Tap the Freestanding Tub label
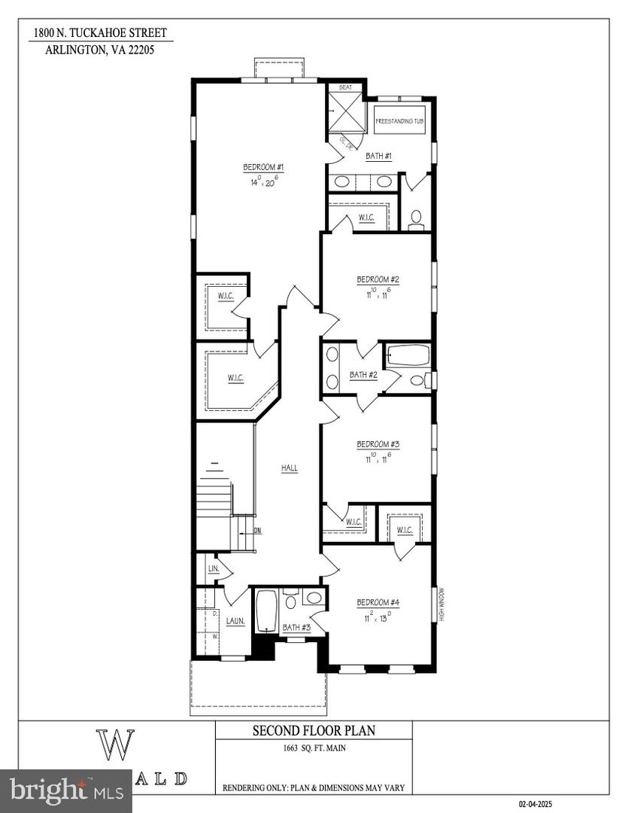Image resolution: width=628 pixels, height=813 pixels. [x=400, y=120]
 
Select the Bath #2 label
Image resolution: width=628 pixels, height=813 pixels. [x=363, y=374]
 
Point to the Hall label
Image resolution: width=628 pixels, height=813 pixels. [x=290, y=468]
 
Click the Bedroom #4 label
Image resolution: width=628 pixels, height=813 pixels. [x=378, y=602]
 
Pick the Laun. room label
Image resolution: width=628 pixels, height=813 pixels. [x=235, y=622]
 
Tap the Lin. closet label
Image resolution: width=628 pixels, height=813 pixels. [x=213, y=568]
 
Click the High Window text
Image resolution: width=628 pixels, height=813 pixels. [x=443, y=604]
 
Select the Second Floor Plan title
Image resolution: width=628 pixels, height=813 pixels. [x=314, y=730]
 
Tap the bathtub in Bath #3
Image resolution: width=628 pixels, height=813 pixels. [x=266, y=611]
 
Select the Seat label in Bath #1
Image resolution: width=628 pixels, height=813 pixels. [x=345, y=87]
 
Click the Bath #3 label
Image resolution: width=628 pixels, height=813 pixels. [x=296, y=627]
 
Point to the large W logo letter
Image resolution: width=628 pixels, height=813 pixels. [x=115, y=743]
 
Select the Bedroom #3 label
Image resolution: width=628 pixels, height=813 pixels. [x=378, y=444]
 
